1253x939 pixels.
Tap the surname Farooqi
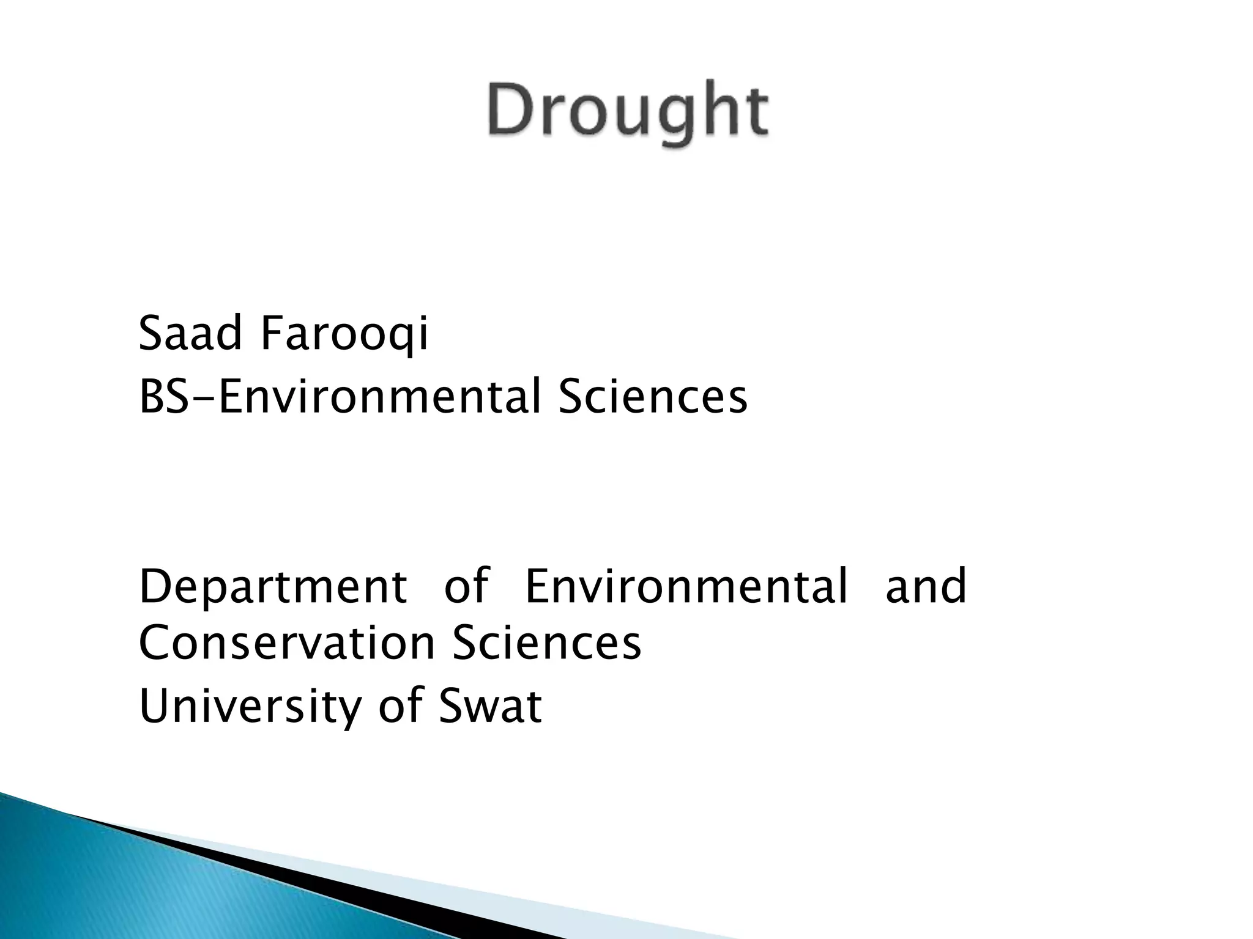(344, 336)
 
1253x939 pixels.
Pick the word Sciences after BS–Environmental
(653, 397)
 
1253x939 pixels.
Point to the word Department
(273, 587)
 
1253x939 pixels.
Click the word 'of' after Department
(466, 586)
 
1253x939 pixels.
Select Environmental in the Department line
(686, 586)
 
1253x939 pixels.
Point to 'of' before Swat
(400, 706)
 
